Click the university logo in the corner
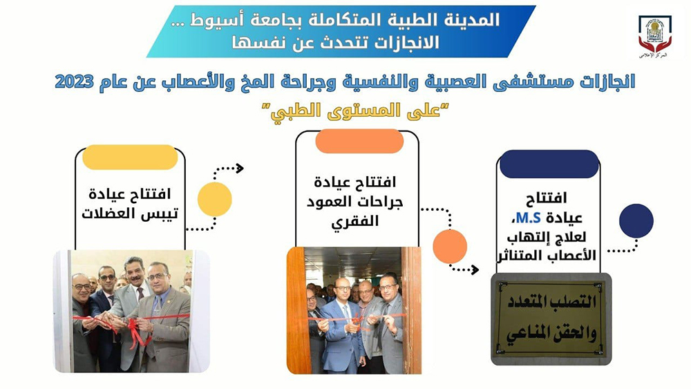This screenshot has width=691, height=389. (x=653, y=36)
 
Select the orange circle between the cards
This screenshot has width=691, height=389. (x=450, y=246)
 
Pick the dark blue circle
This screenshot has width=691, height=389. (x=636, y=221)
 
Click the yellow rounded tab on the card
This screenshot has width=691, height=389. (x=130, y=157)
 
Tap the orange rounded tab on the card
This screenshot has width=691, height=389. (x=359, y=141)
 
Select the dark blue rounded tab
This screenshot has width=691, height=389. (x=549, y=164)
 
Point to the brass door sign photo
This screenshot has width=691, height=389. (x=551, y=319)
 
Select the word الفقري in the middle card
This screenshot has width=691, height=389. (x=359, y=221)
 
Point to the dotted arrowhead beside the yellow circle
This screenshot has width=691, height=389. (x=240, y=168)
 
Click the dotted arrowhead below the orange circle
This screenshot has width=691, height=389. (x=475, y=269)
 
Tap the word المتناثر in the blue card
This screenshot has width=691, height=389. (x=516, y=258)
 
